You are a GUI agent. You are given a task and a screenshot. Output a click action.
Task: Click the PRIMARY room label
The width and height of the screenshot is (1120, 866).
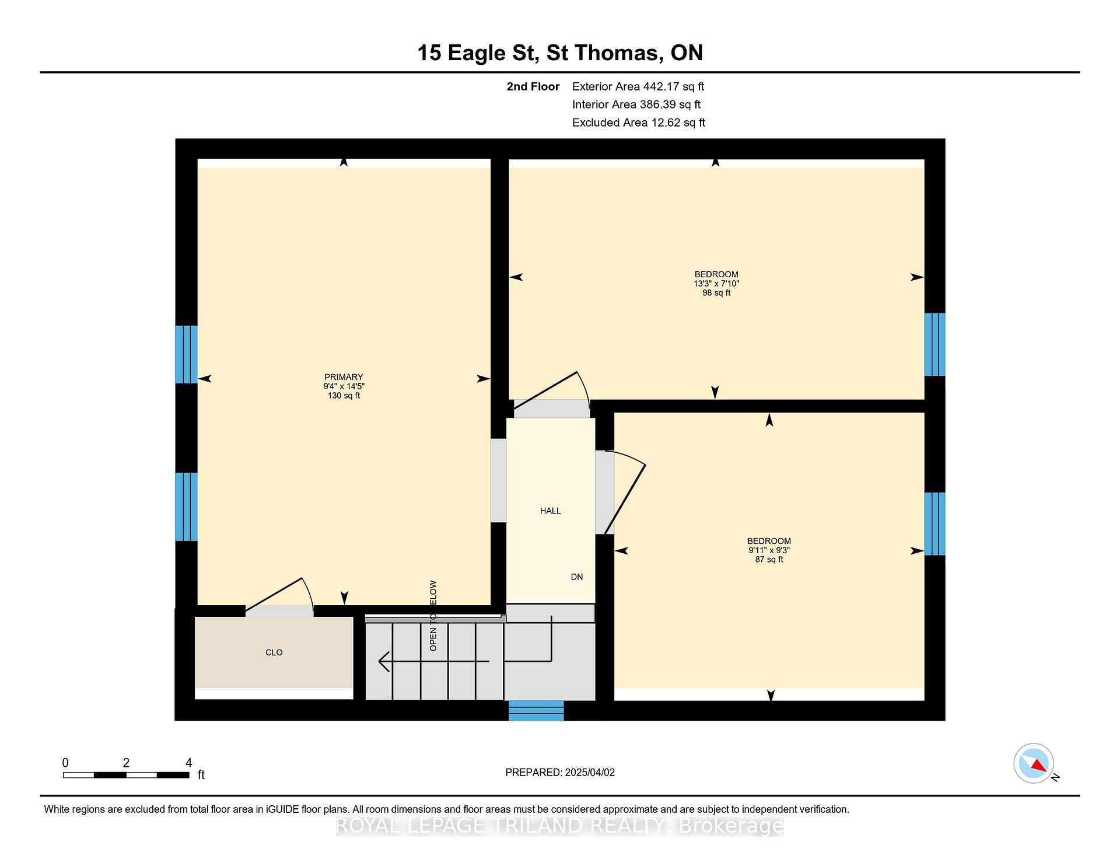(x=344, y=377)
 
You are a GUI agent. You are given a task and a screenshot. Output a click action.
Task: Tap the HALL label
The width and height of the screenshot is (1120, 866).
(x=551, y=511)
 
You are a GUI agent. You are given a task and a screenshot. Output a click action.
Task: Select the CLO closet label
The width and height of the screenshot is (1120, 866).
(x=274, y=652)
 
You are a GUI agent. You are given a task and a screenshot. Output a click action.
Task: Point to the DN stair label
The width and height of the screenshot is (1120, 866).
(x=577, y=577)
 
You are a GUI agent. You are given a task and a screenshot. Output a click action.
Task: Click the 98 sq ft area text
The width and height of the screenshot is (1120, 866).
(x=716, y=293)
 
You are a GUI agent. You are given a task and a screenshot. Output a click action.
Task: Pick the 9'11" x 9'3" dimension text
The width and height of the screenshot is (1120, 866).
(x=769, y=550)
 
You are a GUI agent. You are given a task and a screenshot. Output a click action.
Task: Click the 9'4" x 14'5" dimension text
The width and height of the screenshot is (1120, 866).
(x=344, y=386)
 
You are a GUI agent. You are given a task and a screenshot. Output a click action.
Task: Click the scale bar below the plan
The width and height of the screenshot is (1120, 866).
(x=126, y=775)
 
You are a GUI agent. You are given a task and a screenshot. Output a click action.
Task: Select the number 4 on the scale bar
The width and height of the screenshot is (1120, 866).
(x=188, y=763)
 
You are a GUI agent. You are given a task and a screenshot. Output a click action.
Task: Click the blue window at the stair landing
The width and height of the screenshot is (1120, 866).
(x=536, y=710)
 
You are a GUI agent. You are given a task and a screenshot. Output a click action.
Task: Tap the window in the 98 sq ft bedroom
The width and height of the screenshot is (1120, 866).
(x=935, y=344)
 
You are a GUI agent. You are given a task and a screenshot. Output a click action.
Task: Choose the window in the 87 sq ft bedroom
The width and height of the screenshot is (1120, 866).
(x=935, y=523)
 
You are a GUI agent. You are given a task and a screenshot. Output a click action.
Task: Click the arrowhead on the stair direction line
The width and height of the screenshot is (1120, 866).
(x=384, y=661)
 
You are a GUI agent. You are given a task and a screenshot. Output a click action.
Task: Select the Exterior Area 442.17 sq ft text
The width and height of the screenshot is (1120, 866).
(x=638, y=86)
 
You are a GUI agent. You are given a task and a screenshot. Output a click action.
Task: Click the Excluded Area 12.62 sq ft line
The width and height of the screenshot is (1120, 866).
(x=639, y=123)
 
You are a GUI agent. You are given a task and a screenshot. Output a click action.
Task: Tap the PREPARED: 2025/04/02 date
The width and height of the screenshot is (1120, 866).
(x=560, y=772)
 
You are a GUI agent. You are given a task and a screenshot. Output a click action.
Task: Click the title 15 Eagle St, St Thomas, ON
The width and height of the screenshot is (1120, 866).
(x=560, y=53)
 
